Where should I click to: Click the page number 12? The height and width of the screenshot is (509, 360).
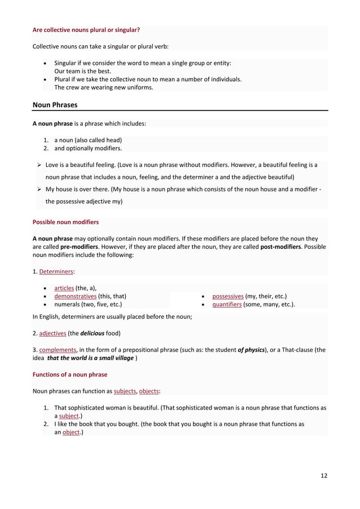tap(323, 475)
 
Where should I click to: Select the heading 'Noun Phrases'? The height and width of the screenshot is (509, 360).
tap(55, 104)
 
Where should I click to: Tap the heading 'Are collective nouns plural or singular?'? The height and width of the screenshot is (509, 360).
tap(86, 29)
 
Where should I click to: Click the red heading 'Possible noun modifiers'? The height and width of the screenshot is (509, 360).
tap(65, 222)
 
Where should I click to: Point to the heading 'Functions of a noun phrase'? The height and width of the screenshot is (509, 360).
tap(70, 374)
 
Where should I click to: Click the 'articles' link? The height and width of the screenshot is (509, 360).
tap(65, 288)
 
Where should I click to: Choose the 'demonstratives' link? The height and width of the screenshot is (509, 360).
tap(75, 296)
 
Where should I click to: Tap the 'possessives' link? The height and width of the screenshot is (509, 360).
tap(227, 296)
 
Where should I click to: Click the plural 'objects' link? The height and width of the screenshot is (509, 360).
tap(150, 390)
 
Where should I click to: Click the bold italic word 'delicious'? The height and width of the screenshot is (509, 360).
tap(93, 333)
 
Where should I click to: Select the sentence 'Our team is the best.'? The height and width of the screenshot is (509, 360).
tap(83, 72)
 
